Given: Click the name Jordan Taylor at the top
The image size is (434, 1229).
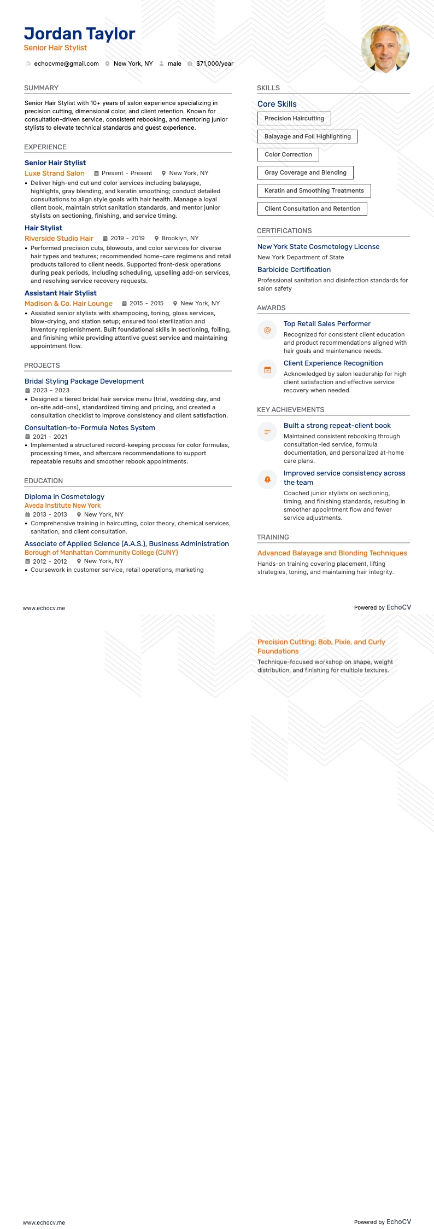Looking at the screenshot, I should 79,34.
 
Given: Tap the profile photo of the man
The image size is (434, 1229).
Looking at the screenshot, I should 385,49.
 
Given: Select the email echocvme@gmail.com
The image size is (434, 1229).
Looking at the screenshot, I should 66,63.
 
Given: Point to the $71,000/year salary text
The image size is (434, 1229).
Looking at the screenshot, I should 215,63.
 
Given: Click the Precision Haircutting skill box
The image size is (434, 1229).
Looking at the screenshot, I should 294,118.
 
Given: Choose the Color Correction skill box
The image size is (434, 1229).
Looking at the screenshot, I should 288,154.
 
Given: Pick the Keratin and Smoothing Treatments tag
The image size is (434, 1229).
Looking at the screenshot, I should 314,190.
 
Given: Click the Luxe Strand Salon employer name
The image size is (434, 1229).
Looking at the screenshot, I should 55,173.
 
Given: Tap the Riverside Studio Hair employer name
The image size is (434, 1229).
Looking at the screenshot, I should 59,239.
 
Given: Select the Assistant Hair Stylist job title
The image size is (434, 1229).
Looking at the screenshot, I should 61,293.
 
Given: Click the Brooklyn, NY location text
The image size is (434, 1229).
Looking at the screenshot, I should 180,239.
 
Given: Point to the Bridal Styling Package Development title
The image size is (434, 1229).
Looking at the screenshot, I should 84,381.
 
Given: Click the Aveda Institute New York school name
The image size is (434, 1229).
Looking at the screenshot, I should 62,506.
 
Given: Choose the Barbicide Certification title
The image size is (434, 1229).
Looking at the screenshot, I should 294,270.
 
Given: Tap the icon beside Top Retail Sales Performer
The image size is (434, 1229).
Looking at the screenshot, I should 267,330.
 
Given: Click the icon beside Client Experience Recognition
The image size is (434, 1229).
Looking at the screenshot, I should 267,370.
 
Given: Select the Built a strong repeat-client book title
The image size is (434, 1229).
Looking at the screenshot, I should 337,426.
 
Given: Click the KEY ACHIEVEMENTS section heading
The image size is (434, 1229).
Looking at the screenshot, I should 290,410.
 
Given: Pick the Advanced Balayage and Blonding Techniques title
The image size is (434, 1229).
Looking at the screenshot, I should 332,553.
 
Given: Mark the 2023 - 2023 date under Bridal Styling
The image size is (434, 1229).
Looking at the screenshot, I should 51,391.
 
